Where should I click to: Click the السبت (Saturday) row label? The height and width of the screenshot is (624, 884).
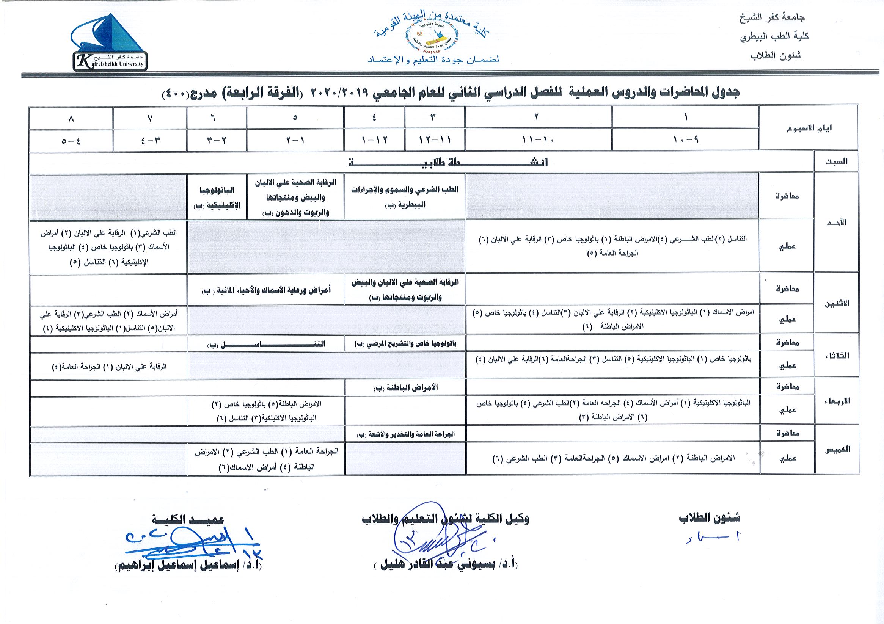[x=836, y=162]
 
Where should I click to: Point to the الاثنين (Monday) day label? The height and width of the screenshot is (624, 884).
[x=836, y=303]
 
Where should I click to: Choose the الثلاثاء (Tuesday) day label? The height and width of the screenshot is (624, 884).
[x=836, y=356]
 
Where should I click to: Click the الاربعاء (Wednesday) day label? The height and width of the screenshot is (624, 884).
[x=836, y=401]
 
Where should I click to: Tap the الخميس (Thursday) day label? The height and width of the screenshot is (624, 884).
[x=836, y=449]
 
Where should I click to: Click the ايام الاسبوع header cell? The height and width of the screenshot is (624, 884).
[x=809, y=128]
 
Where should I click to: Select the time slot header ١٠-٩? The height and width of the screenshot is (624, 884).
[x=685, y=140]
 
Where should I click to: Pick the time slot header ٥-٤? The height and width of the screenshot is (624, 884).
[x=71, y=140]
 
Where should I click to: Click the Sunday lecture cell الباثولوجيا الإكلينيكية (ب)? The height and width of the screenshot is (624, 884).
[x=217, y=196]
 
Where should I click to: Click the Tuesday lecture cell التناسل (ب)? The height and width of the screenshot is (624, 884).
[x=266, y=344]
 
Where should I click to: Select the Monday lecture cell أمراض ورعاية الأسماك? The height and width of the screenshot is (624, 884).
[x=266, y=290]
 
